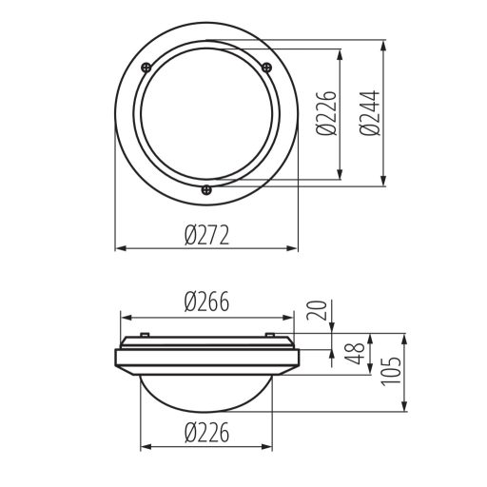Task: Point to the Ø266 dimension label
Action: click(x=206, y=302)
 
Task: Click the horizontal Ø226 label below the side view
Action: click(x=206, y=431)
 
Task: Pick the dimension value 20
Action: click(x=320, y=310)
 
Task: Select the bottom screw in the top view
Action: click(x=206, y=188)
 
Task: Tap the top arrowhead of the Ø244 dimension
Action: click(x=383, y=45)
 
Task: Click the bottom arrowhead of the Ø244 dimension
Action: click(x=383, y=184)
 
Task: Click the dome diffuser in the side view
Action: click(x=206, y=390)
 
